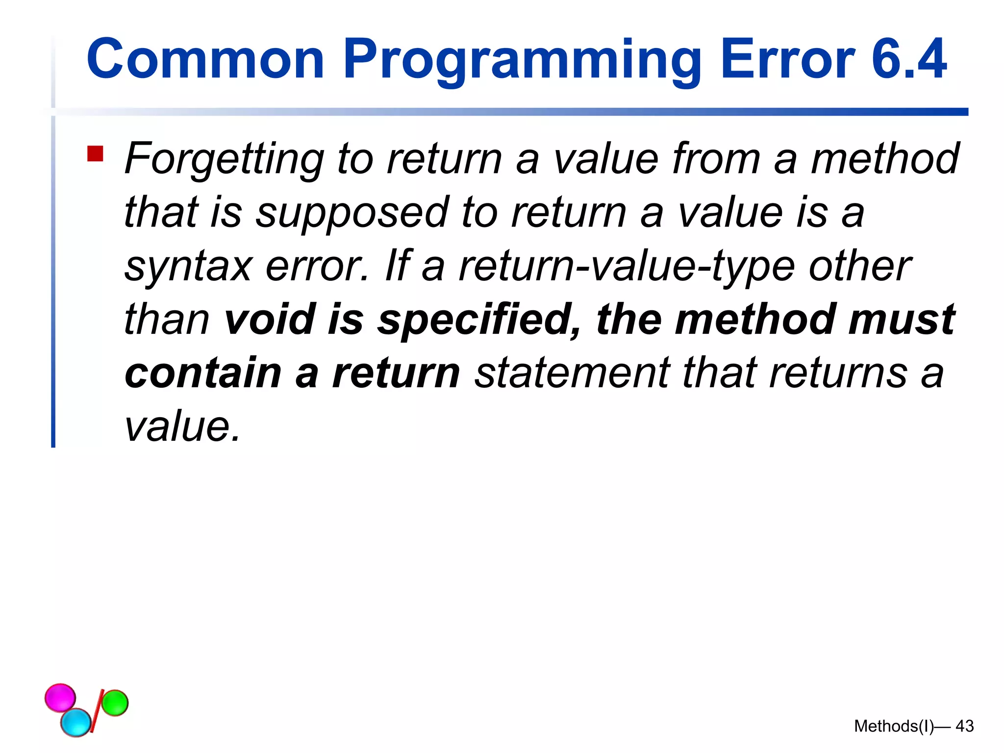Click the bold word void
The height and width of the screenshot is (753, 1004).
coord(269,319)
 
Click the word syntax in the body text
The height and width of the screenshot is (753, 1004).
coord(188,267)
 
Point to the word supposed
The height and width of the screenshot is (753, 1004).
coord(352,214)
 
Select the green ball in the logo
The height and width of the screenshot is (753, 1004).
coord(115,703)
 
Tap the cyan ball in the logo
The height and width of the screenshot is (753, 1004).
coord(76,722)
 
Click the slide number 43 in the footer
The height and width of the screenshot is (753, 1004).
coord(964,726)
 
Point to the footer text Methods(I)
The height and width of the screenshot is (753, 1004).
coord(893,726)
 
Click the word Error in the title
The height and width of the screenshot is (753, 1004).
coord(787,60)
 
